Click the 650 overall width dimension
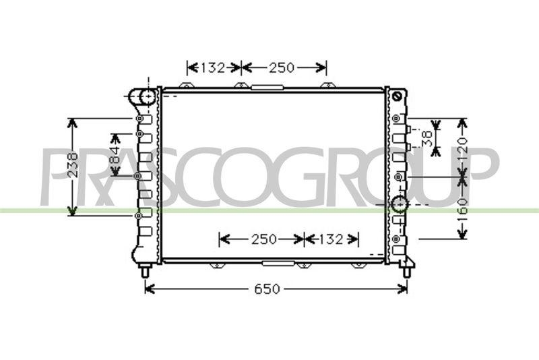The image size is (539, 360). pyautogui.click(x=267, y=289)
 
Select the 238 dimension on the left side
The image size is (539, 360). pyautogui.click(x=73, y=164)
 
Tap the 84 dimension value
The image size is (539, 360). pyautogui.click(x=115, y=156)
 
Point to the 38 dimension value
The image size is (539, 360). pyautogui.click(x=426, y=139)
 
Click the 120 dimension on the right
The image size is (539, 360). pyautogui.click(x=462, y=146)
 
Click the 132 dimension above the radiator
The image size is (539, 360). pyautogui.click(x=212, y=67)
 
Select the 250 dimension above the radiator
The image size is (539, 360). pyautogui.click(x=282, y=67)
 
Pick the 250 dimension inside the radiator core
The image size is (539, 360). pyautogui.click(x=263, y=239)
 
